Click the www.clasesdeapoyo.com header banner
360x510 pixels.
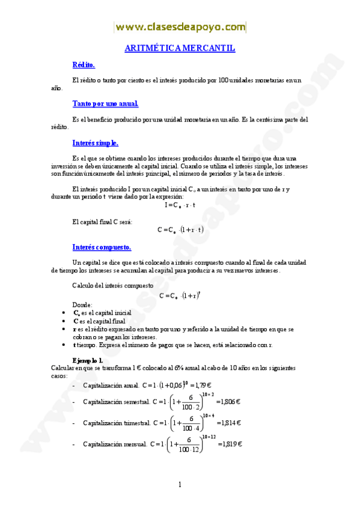click(180, 27)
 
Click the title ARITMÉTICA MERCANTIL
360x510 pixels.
click(179, 48)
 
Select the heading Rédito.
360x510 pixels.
click(84, 65)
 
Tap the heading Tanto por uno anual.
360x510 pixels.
click(105, 104)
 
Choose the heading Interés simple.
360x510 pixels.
click(95, 143)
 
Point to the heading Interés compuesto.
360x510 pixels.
click(102, 247)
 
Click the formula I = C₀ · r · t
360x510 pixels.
click(180, 205)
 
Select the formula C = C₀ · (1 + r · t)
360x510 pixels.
click(180, 230)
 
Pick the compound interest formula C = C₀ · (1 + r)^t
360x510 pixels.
click(180, 295)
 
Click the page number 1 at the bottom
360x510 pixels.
click(180, 485)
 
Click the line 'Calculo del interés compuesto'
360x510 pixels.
click(112, 285)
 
